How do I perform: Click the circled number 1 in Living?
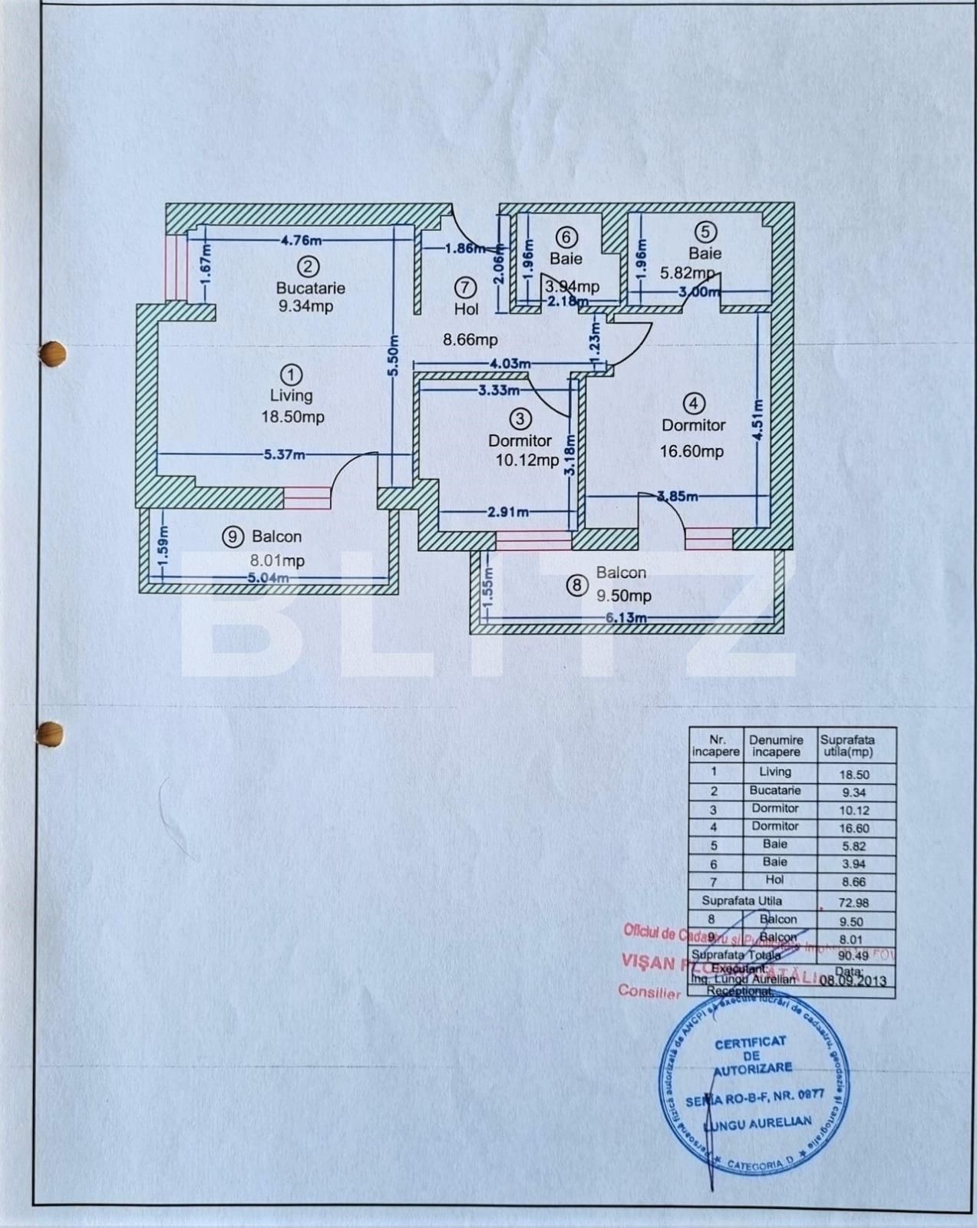point(292,375)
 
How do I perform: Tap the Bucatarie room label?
point(310,288)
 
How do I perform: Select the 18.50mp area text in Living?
point(292,417)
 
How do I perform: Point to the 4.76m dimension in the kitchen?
point(301,239)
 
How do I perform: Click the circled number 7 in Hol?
point(465,287)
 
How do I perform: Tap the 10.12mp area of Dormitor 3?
point(526,460)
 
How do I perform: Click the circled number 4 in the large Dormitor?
point(693,403)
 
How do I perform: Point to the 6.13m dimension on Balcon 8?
point(625,618)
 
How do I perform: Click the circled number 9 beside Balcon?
point(233,536)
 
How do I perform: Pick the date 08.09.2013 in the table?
point(853,980)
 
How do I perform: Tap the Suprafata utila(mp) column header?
point(847,745)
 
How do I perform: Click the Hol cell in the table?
point(774,880)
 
